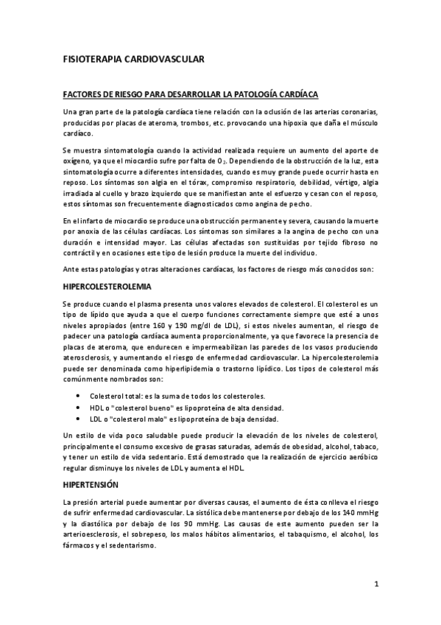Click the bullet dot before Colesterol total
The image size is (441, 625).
[78, 396]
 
